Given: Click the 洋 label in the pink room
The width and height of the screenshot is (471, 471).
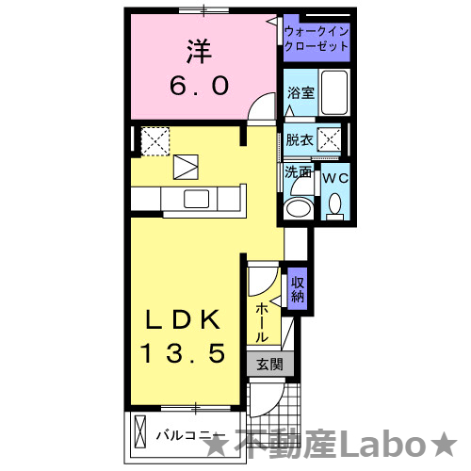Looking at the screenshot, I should tap(198, 50).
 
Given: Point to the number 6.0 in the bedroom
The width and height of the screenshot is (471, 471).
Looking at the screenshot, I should tap(199, 86).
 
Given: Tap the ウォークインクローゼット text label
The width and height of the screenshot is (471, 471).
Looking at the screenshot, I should tap(317, 39).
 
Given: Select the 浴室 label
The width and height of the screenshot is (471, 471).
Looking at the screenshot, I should tap(300, 92).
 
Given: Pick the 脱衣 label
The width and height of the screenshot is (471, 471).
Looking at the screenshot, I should tap(300, 140).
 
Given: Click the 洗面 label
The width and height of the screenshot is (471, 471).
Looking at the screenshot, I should tap(299, 173).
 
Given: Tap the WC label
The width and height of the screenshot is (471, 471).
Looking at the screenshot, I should tap(336, 176).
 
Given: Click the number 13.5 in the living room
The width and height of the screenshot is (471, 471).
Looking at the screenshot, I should tap(184, 353).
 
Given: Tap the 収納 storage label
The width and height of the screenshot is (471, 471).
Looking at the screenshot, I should tap(298, 287).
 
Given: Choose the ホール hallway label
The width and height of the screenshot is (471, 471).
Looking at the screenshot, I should tap(262, 321).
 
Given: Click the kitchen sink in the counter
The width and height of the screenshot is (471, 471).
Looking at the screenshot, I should tap(197, 199).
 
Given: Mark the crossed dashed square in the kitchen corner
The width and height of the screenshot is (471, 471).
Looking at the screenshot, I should tap(154, 140).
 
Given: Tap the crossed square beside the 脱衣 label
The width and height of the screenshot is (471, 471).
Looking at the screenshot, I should tap(330, 141).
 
